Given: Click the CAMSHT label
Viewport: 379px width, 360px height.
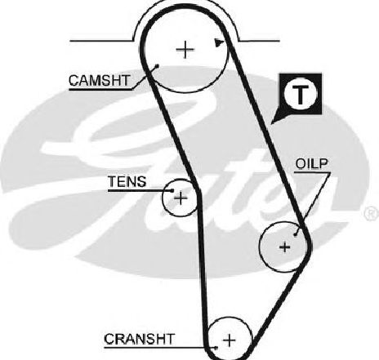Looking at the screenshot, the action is click(100, 80).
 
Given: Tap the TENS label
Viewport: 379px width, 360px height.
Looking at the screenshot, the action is click(127, 181).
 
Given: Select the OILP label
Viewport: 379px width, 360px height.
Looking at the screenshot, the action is click(312, 163).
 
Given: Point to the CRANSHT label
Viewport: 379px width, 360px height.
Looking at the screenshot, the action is click(139, 339).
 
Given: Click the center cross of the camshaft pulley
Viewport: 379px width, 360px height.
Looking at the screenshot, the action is click(185, 50).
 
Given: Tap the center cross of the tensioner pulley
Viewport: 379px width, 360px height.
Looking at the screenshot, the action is click(181, 198).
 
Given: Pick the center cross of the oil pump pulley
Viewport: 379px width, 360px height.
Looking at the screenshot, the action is click(285, 247).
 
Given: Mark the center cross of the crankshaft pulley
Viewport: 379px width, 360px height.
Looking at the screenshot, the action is click(230, 340).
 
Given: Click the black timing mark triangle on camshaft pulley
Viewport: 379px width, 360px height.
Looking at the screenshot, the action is click(219, 43).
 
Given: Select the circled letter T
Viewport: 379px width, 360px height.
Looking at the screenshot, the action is click(301, 94).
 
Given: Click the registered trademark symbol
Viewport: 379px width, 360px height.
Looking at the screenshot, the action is click(372, 213).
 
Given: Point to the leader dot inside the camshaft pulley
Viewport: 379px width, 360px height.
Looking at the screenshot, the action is click(157, 65).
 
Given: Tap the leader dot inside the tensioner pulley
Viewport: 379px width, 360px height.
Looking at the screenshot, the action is click(172, 190).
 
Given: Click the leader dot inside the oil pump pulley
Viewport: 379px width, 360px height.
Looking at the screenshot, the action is click(296, 233).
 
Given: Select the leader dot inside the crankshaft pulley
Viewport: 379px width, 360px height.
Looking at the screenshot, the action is click(216, 348).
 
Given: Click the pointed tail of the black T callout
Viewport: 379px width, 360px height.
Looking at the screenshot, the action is click(271, 124).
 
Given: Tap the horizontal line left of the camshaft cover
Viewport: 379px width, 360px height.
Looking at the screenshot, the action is click(102, 41).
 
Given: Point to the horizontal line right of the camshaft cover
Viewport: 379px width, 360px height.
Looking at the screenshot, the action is click(259, 41).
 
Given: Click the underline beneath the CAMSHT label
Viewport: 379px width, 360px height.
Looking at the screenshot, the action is click(100, 89).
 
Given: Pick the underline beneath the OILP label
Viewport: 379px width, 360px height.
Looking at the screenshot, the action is click(313, 172).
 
